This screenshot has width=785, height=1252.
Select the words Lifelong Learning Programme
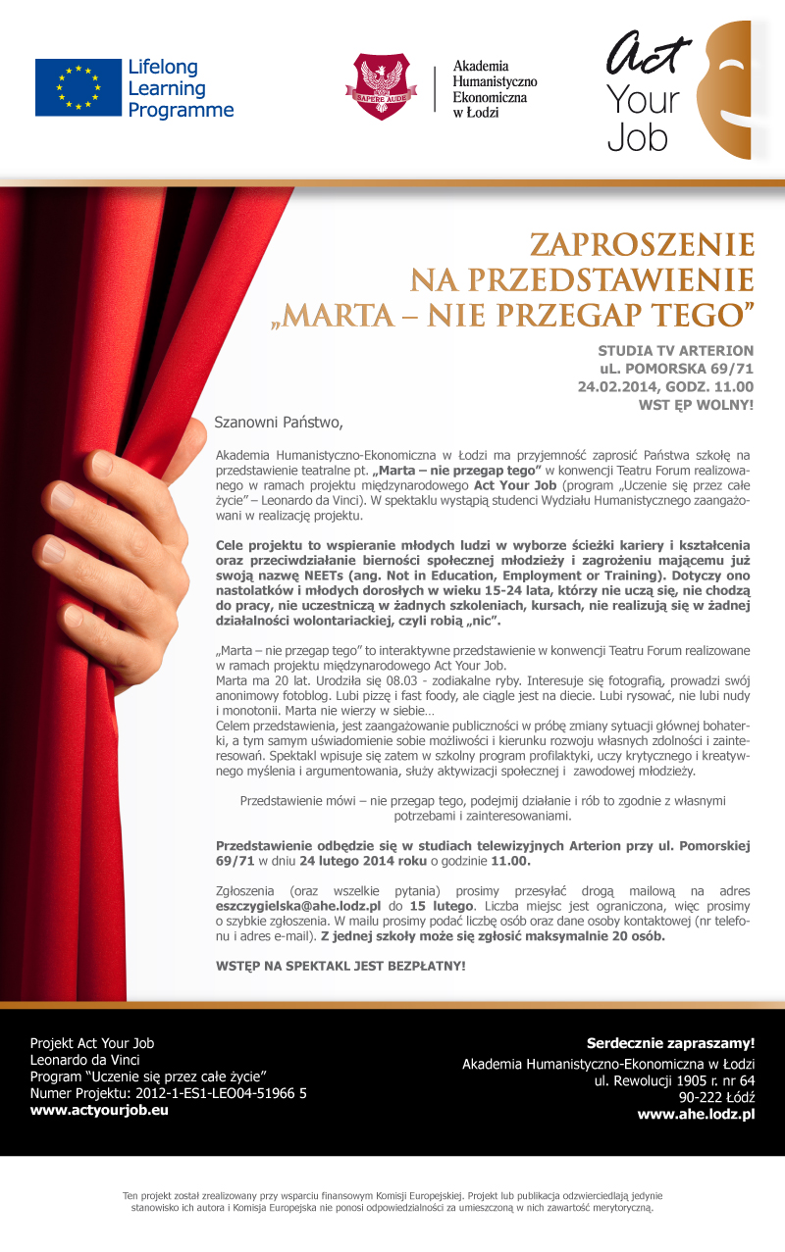[181, 88]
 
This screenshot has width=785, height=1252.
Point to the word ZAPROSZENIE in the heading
[643, 245]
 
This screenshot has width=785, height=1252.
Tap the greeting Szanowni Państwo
[280, 424]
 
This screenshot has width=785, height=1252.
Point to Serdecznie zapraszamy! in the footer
[670, 1042]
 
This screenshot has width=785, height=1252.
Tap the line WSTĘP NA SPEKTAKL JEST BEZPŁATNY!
[340, 966]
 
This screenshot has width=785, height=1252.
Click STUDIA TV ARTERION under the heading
[676, 350]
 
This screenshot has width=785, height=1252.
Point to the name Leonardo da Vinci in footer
[85, 1060]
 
